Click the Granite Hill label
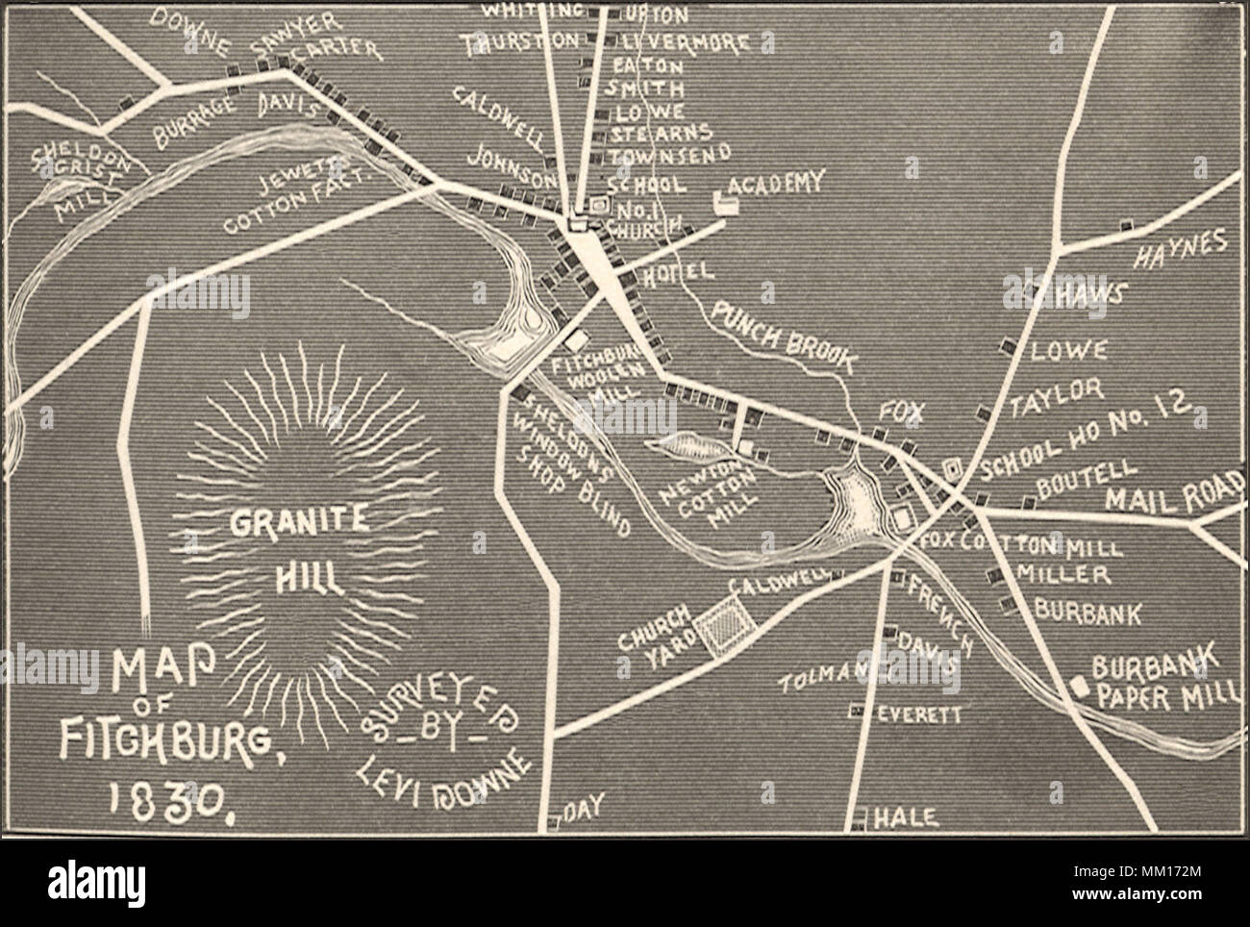coord(297,548)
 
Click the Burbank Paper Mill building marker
coord(1079,685)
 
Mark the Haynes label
coord(1182,247)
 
